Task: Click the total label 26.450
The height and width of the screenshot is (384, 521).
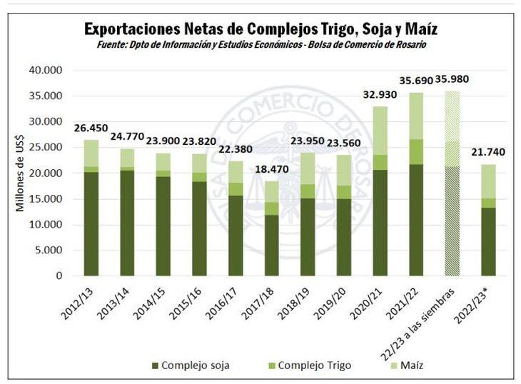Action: coord(91,128)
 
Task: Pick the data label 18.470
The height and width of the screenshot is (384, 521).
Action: coord(271,170)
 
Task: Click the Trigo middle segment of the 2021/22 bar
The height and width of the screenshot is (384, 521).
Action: coord(416,152)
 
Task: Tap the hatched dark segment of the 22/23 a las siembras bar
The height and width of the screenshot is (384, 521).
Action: coord(452,221)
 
